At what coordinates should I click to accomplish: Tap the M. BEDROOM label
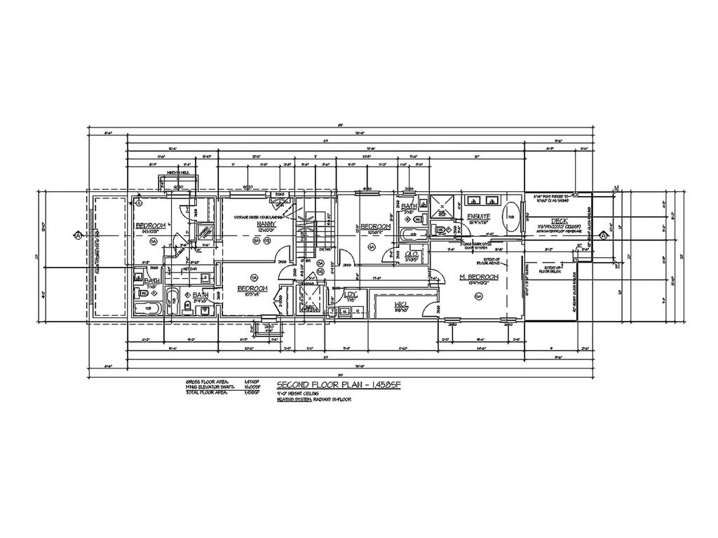[x=480, y=277]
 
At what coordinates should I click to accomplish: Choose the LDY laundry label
[x=351, y=294]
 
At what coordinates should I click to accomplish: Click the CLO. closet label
[x=412, y=254]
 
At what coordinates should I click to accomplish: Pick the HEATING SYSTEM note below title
[x=314, y=399]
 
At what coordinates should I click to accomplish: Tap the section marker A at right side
[x=602, y=236]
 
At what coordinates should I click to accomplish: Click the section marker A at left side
[x=74, y=236]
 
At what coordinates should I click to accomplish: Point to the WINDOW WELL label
[x=178, y=172]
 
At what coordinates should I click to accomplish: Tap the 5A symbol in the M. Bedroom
[x=479, y=297]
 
